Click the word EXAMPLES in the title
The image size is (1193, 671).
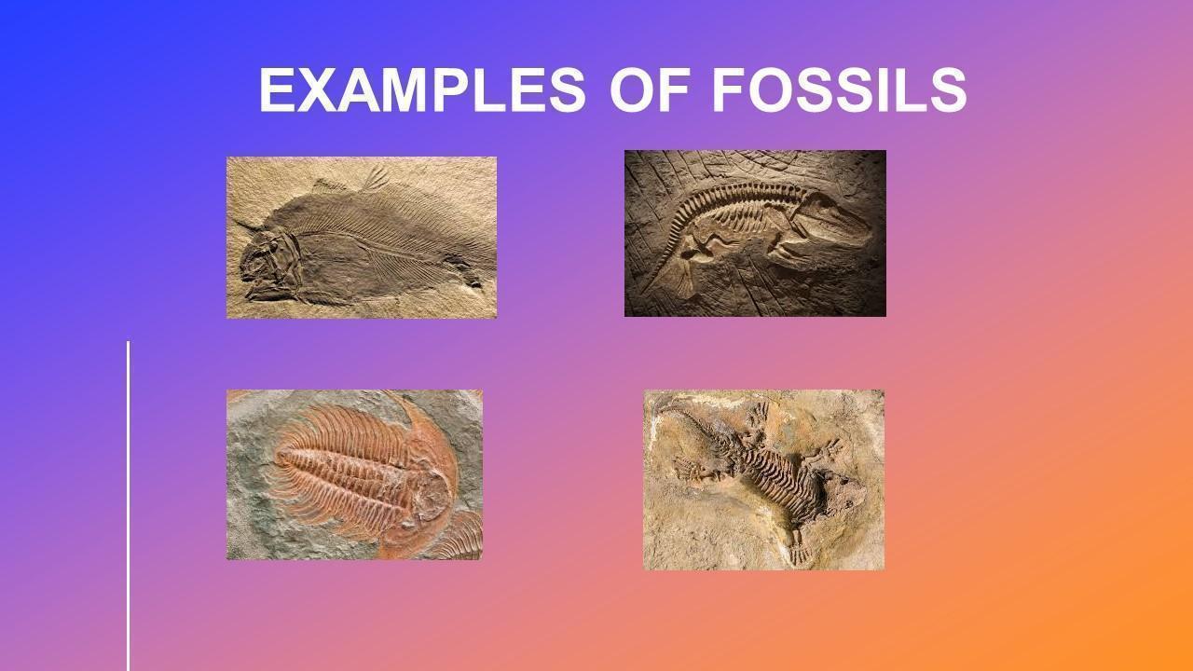click(422, 89)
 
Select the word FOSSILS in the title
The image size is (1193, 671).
click(840, 89)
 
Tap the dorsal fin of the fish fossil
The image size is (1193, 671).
click(376, 178)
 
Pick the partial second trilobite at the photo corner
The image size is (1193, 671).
click(460, 537)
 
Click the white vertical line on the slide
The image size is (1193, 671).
click(129, 506)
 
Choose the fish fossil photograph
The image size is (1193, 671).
click(362, 238)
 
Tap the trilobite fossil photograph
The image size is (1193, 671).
click(355, 474)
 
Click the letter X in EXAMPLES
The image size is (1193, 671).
click(319, 89)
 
